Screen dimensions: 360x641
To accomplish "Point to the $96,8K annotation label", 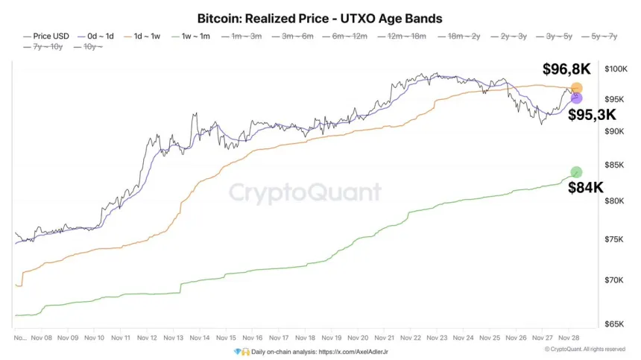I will (x=566, y=70).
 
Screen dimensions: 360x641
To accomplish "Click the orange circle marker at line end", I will (x=576, y=89).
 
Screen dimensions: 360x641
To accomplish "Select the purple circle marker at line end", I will (x=575, y=98).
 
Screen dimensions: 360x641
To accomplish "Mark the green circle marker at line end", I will (x=575, y=172).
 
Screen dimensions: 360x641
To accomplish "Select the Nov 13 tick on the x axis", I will (x=174, y=337).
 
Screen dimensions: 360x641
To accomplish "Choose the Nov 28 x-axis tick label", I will (x=569, y=337).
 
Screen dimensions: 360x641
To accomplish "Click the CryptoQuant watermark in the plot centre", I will (x=304, y=192).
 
